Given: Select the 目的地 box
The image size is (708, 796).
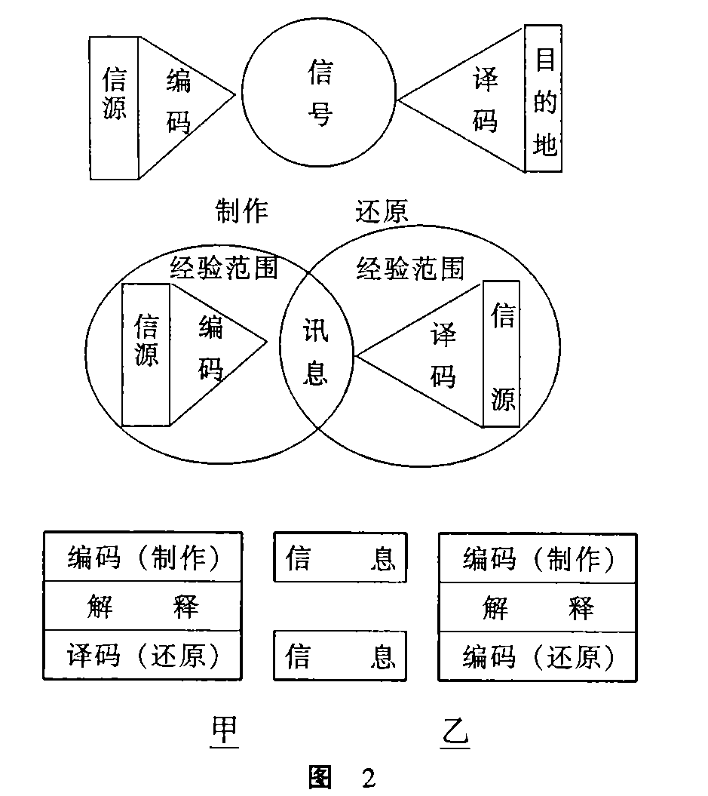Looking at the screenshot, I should (x=544, y=99).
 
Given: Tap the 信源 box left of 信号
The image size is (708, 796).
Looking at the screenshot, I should (x=114, y=108).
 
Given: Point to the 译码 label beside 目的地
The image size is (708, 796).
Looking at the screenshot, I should (x=486, y=100).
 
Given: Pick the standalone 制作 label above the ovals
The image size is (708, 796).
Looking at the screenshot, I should (x=241, y=211).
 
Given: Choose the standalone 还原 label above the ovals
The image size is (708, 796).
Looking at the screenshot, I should (x=382, y=211).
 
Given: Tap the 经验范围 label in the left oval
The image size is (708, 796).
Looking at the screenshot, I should (x=222, y=266).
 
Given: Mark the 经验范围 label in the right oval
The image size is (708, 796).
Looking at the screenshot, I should (x=409, y=267).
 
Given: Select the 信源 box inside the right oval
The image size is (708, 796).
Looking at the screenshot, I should (x=501, y=354).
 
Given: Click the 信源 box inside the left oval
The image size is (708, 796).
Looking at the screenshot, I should (x=146, y=355).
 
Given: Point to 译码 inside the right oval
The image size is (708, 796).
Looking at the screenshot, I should (x=443, y=354).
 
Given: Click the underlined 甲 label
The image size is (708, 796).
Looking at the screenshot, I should (x=224, y=730).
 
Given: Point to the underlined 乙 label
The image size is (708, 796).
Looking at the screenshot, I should (x=455, y=732).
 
